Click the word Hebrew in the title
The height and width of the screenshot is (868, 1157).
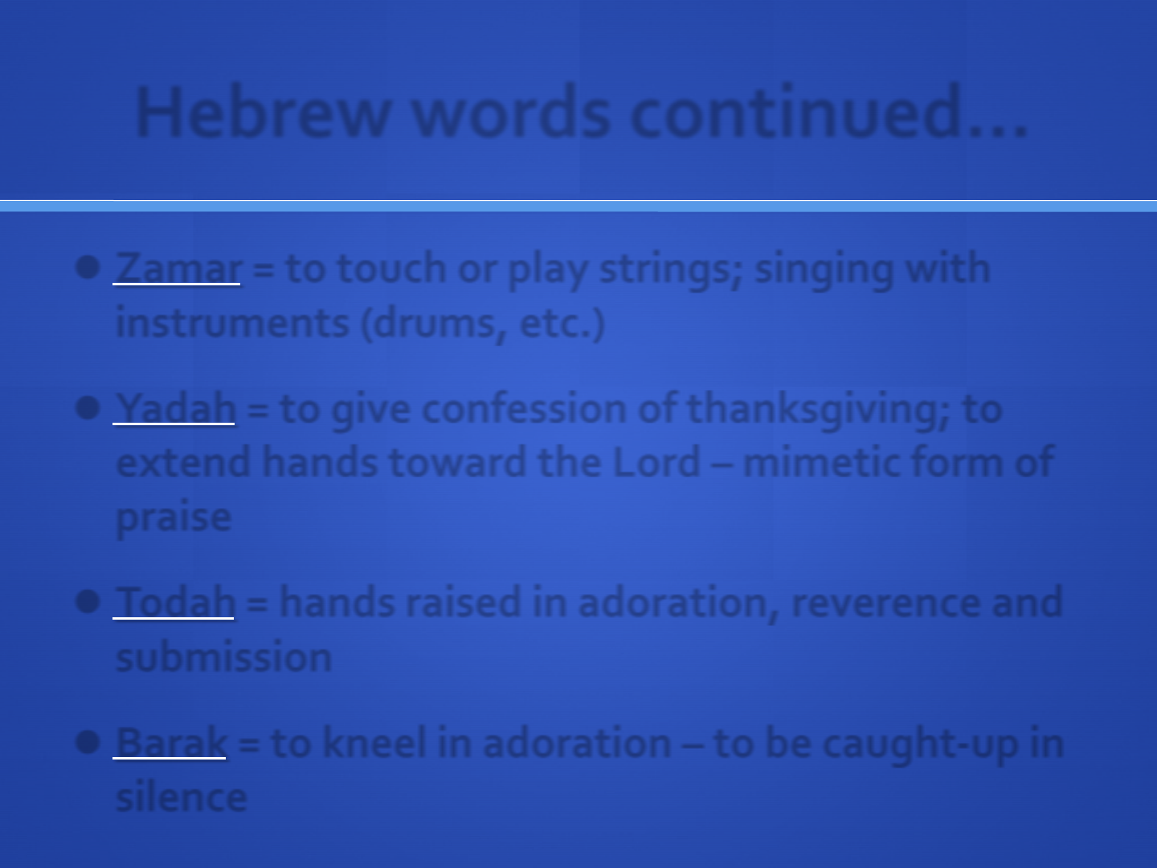point(263,112)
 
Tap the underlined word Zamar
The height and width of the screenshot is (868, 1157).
point(178,268)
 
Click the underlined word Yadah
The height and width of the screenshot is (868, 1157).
point(175,408)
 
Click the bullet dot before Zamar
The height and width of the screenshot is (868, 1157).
point(88,267)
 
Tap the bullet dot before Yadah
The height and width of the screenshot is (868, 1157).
point(88,407)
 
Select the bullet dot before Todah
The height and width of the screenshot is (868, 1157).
point(88,601)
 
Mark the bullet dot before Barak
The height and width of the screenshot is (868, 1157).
point(88,742)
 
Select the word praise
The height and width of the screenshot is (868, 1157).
point(174,518)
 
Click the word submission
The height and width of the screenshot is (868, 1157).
point(223,657)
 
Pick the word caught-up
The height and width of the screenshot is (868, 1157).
point(919,745)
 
